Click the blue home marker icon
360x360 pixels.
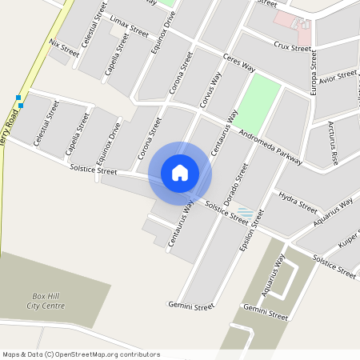pyautogui.click(x=180, y=173)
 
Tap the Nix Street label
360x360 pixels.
pyautogui.click(x=64, y=47)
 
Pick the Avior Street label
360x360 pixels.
pyautogui.click(x=337, y=77)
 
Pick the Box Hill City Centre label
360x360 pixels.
pyautogui.click(x=45, y=300)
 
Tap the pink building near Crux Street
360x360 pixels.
pyautogui.click(x=291, y=24)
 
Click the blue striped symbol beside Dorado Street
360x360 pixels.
pyautogui.click(x=246, y=214)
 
